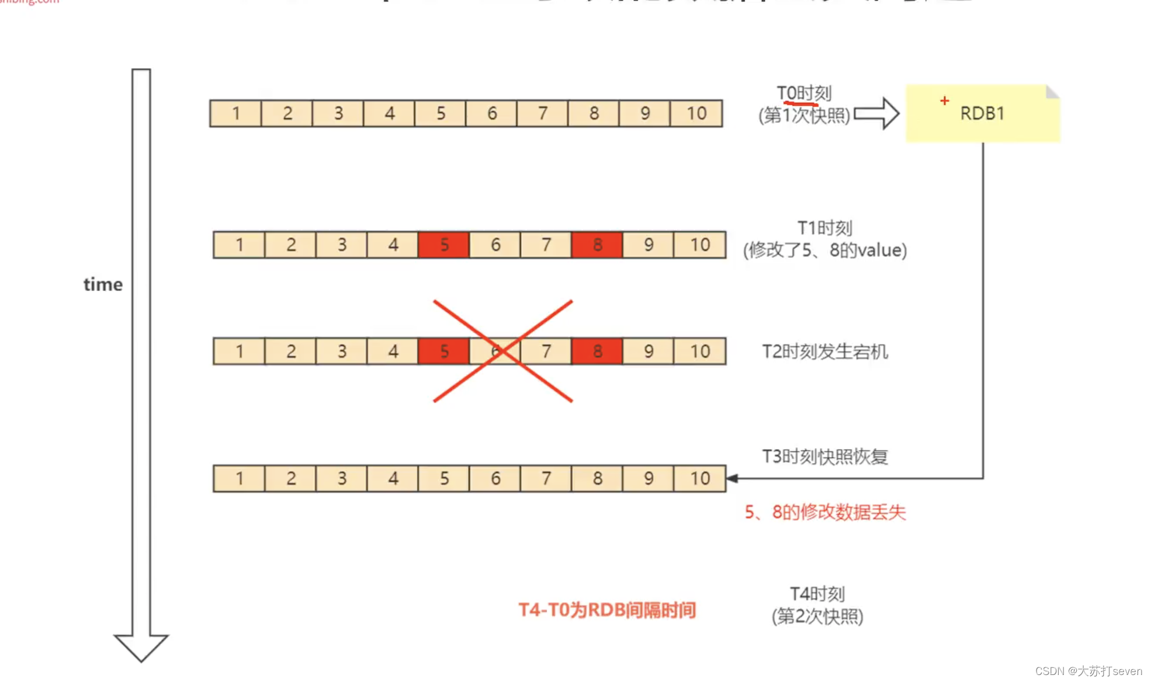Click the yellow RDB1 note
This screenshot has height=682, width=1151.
click(982, 113)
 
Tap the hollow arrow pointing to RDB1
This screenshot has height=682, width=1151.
click(876, 113)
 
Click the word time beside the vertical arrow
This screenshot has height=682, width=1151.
click(103, 284)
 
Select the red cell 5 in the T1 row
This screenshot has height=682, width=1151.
click(443, 245)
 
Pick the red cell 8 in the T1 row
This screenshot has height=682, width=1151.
click(597, 245)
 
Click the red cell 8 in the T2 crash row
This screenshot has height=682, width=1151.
click(597, 352)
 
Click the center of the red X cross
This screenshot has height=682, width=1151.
click(503, 351)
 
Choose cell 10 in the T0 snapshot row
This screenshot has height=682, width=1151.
click(696, 113)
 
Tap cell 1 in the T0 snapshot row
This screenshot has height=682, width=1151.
click(235, 113)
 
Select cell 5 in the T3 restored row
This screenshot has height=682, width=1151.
click(444, 479)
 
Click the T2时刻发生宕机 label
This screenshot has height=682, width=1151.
click(824, 352)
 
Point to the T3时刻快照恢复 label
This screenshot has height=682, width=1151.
click(824, 456)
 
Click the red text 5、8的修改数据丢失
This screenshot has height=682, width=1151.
click(824, 512)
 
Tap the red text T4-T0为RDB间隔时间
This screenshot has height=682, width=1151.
click(607, 610)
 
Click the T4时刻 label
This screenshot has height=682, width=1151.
click(817, 594)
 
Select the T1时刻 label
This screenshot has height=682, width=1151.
click(824, 228)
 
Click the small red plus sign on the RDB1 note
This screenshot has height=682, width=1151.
click(944, 101)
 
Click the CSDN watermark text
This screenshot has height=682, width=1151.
click(1088, 671)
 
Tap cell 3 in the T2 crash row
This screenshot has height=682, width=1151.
click(342, 352)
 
